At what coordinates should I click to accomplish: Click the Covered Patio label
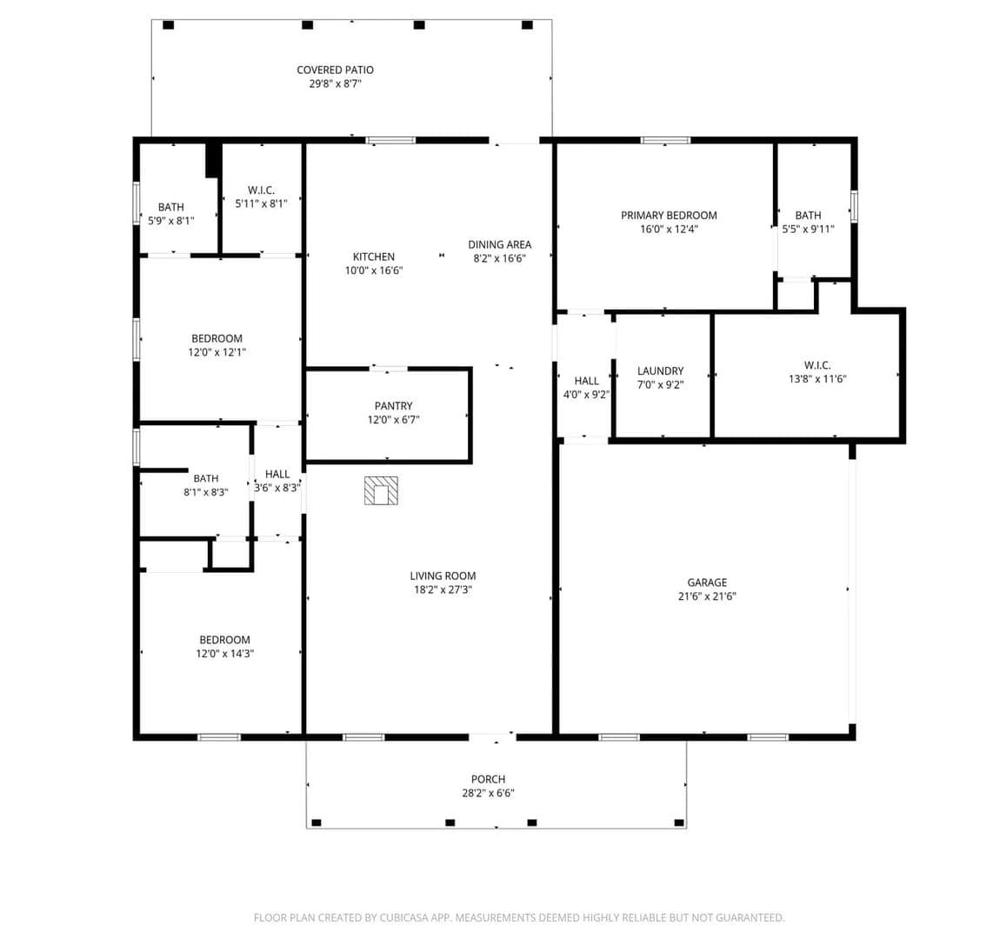[x=335, y=70]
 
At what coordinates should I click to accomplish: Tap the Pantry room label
[x=393, y=406]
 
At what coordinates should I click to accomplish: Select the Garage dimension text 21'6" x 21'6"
[x=707, y=596]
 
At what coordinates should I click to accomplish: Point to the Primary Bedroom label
[x=669, y=216]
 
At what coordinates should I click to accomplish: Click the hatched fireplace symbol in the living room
[x=381, y=490]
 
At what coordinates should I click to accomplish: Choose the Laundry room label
[x=661, y=371]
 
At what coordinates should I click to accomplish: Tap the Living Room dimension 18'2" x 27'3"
[x=443, y=589]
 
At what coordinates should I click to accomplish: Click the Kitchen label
[x=374, y=256]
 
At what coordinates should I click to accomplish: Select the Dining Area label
[x=500, y=244]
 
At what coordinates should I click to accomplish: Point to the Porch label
[x=489, y=779]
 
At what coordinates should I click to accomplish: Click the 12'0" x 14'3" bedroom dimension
[x=225, y=654]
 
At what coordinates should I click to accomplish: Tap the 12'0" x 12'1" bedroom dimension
[x=217, y=352]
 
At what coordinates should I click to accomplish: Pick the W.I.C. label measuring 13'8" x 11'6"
[x=817, y=365]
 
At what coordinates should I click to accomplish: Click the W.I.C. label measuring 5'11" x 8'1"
[x=261, y=190]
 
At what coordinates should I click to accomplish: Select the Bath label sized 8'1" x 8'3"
[x=206, y=479]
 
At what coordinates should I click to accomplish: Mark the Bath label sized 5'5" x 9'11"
[x=808, y=216]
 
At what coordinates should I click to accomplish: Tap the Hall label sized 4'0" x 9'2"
[x=586, y=381]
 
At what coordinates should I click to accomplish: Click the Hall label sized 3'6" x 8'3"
[x=277, y=474]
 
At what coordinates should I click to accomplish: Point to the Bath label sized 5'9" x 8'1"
[x=171, y=207]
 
